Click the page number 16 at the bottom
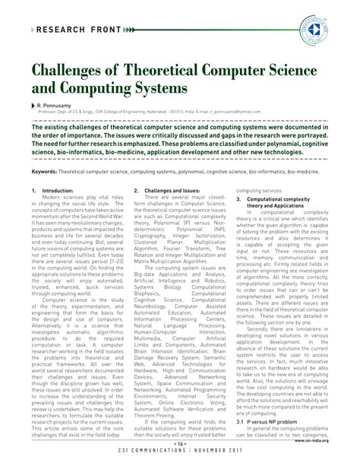coord(180,444)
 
